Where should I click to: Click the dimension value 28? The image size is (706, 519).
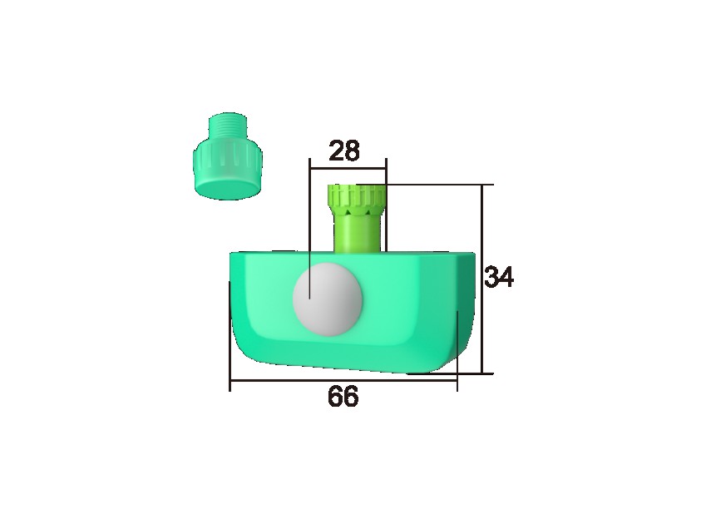344,151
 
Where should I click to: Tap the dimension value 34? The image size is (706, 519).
499,277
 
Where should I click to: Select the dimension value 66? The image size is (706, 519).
343,398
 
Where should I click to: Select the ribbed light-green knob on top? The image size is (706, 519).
356,198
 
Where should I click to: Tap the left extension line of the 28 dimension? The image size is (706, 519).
309,233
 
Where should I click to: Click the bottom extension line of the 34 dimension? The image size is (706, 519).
466,374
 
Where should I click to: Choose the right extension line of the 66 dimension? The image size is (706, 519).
457,349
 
